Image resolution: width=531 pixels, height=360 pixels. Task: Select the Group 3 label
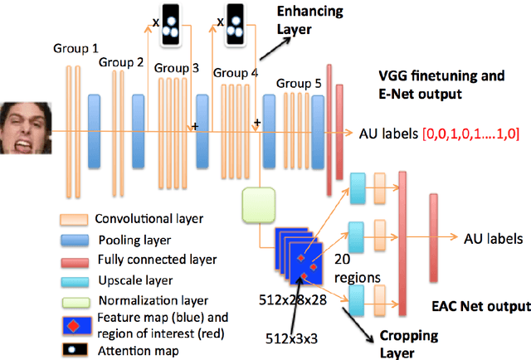pyautogui.click(x=178, y=68)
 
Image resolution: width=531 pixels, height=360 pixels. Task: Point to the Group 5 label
pyautogui.click(x=299, y=83)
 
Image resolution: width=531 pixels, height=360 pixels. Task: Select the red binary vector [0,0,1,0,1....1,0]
pyautogui.click(x=470, y=134)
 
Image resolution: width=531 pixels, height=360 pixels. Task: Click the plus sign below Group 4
pyautogui.click(x=257, y=123)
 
